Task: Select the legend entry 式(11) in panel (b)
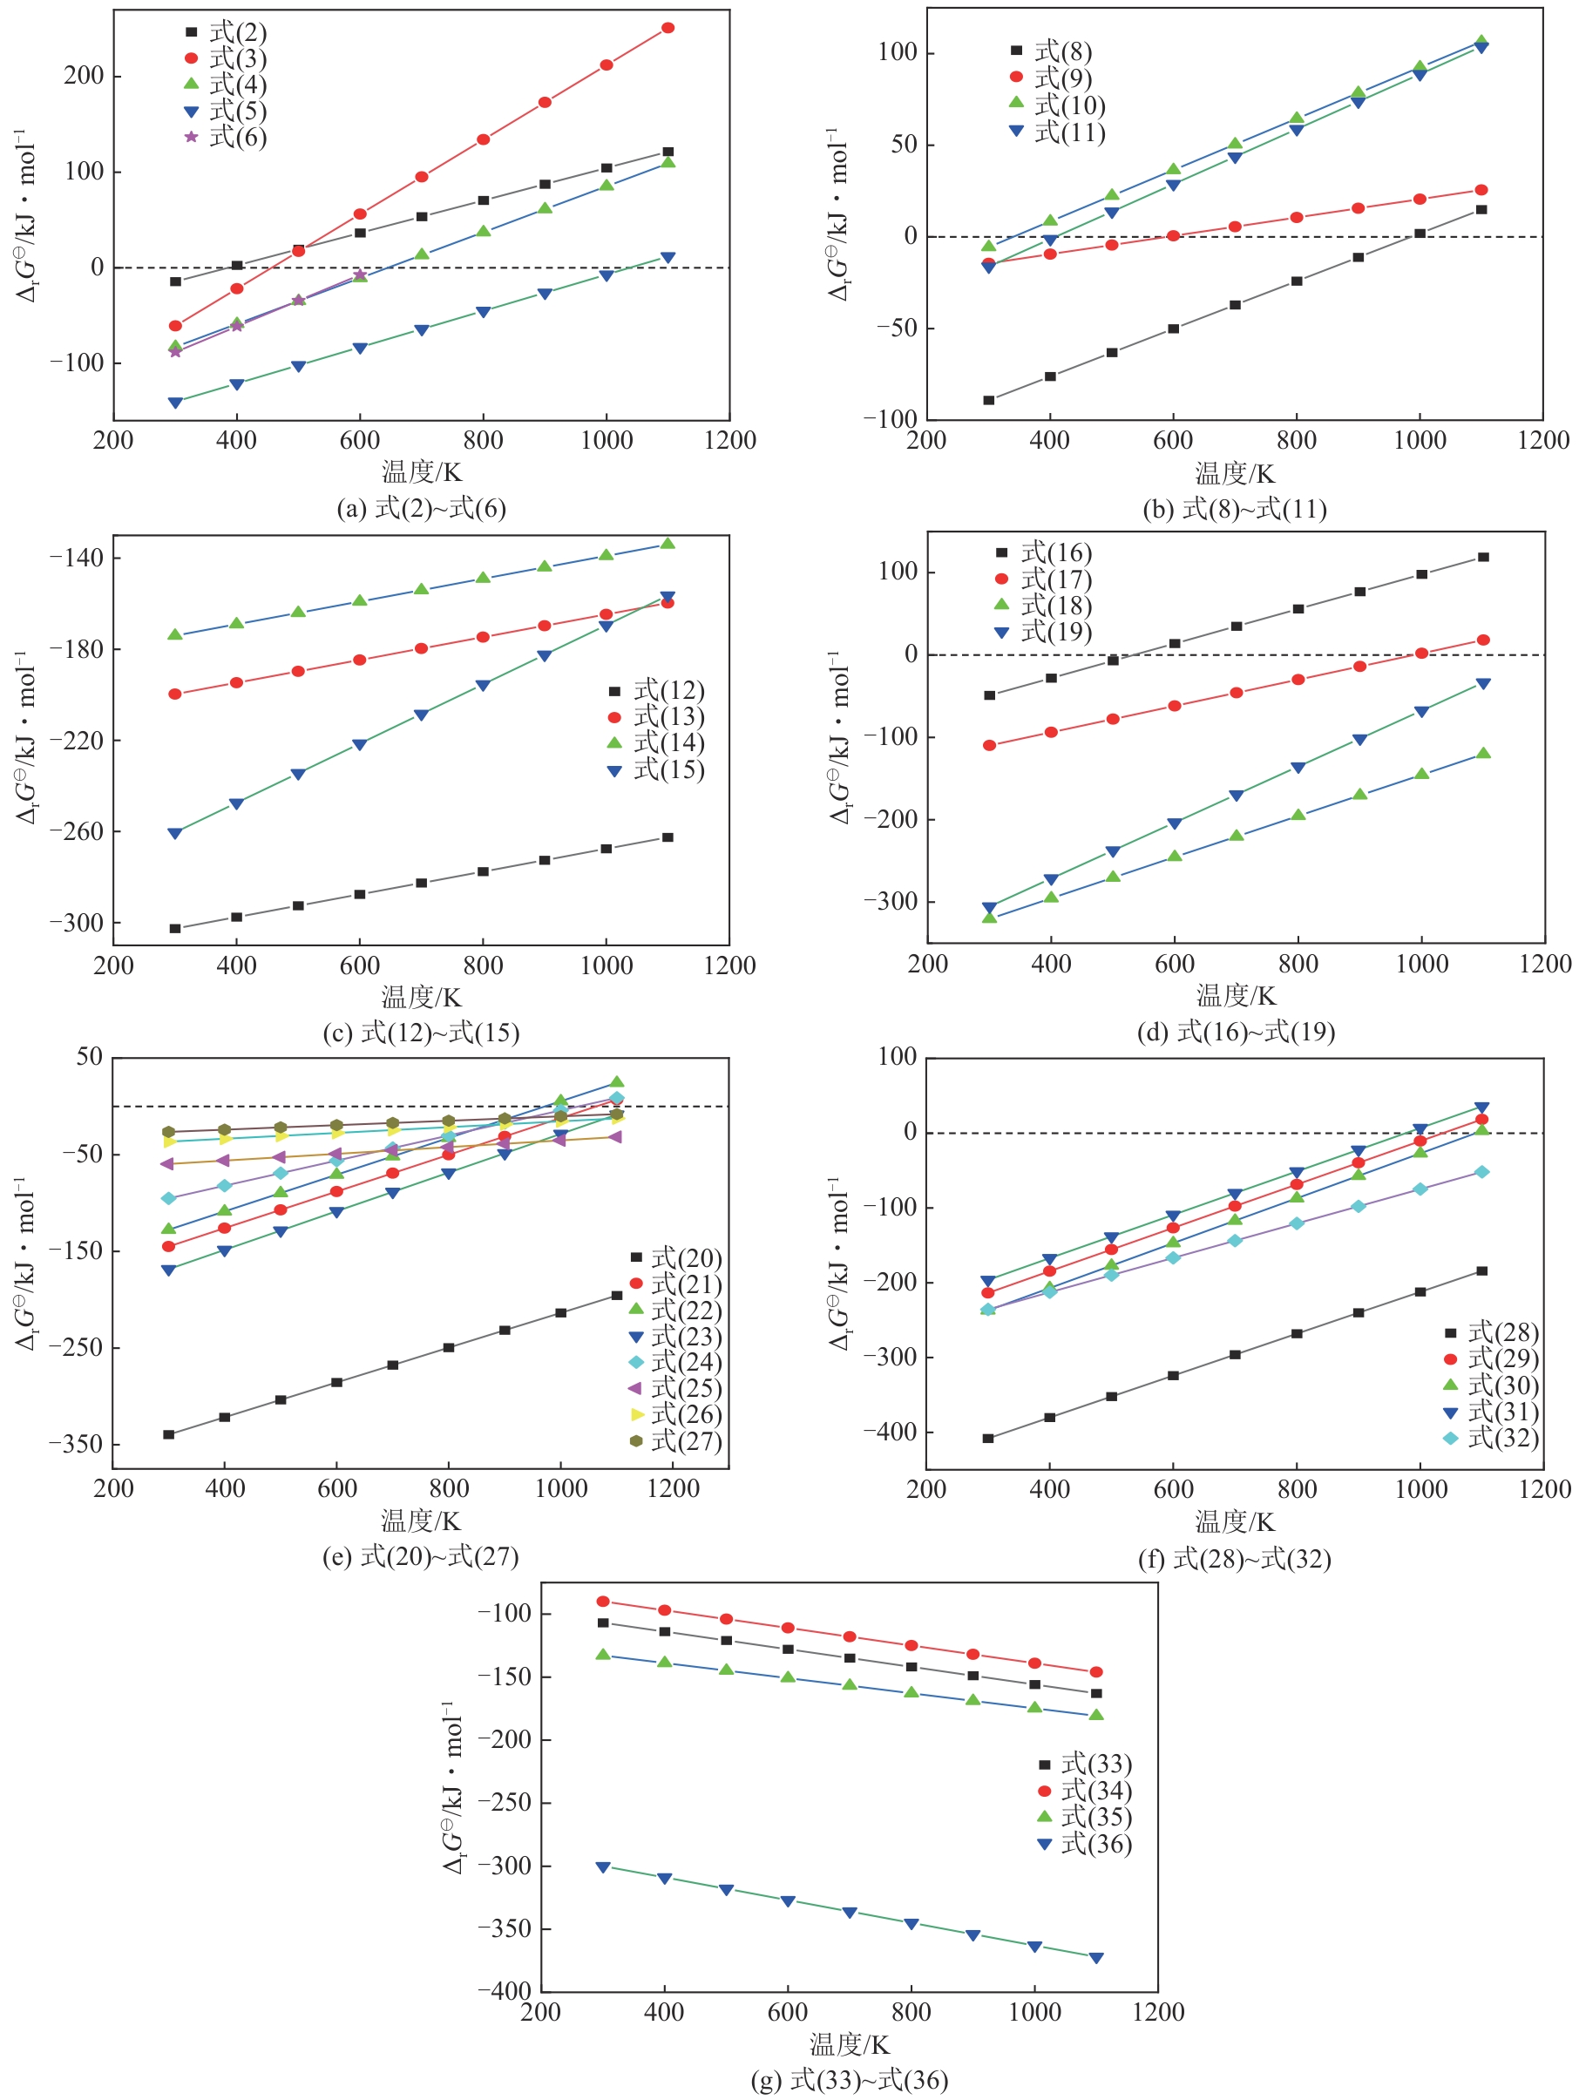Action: click(1059, 132)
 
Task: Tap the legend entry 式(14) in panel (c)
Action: click(657, 742)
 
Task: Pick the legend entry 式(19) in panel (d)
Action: click(1045, 633)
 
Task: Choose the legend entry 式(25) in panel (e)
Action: click(675, 1389)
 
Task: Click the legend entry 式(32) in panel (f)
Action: click(1492, 1439)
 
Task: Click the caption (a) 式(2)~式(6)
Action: click(421, 509)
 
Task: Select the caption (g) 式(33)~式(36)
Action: click(849, 2080)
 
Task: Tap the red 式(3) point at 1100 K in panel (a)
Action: click(668, 28)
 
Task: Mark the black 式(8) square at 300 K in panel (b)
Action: click(988, 401)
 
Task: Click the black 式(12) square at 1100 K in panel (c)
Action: click(668, 837)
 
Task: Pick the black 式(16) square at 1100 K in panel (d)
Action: click(1483, 558)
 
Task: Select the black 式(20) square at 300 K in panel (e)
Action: click(169, 1434)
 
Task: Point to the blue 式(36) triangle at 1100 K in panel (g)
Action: click(1095, 1958)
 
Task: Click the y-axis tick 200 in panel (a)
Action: click(84, 76)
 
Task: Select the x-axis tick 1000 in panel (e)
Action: click(561, 1488)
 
